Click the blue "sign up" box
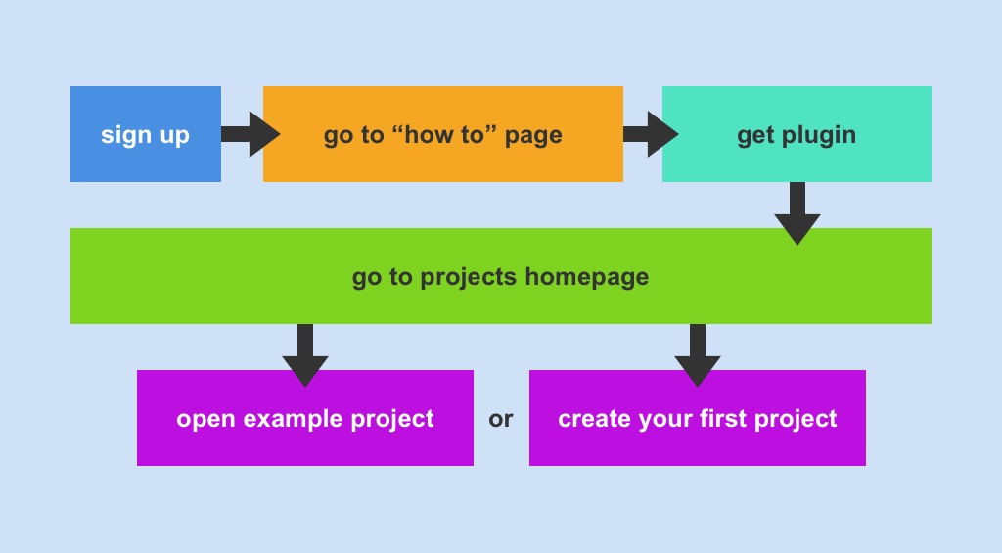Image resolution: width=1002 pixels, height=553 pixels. pos(145,134)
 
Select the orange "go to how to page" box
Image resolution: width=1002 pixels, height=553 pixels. pos(442,134)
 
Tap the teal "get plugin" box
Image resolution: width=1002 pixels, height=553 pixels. pos(797,134)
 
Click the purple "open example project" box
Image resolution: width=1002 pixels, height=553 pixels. pos(304,419)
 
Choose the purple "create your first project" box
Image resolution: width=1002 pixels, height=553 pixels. pos(697,419)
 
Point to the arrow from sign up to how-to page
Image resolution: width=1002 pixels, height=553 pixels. pos(250,134)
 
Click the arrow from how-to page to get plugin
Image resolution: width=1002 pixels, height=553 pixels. pos(650,134)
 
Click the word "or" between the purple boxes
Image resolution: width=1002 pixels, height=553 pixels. pos(501,420)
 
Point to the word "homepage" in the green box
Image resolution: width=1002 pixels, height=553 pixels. pos(586,277)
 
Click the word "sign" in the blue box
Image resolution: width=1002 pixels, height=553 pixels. pos(124,135)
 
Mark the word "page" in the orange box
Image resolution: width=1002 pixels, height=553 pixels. pos(533,136)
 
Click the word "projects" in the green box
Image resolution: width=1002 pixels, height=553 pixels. pos(469,278)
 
